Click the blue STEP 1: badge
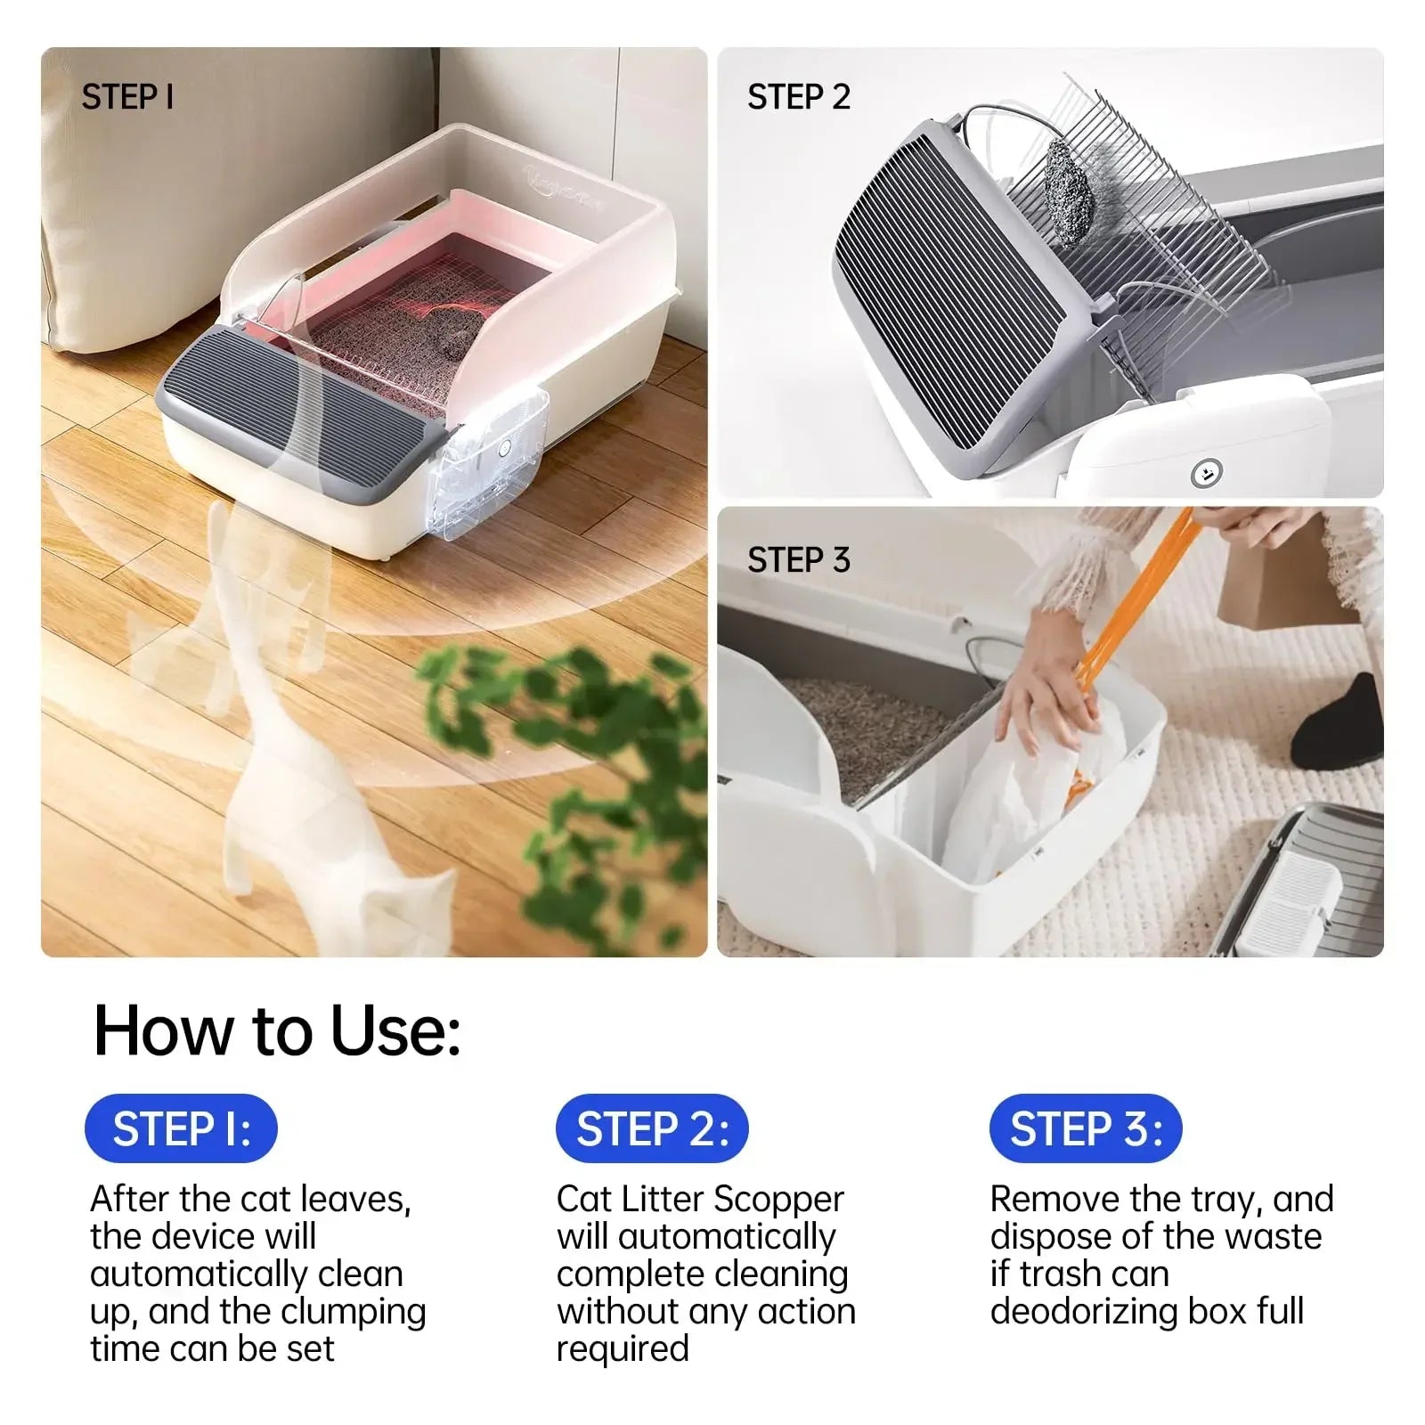point(181,1128)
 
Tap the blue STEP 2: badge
point(652,1128)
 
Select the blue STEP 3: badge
point(1086,1128)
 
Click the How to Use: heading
point(277,1030)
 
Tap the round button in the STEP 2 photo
point(1206,474)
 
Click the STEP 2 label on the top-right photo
point(798,97)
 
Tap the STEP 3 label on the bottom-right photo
point(798,560)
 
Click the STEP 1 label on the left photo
point(127,97)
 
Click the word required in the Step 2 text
point(623,1348)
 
